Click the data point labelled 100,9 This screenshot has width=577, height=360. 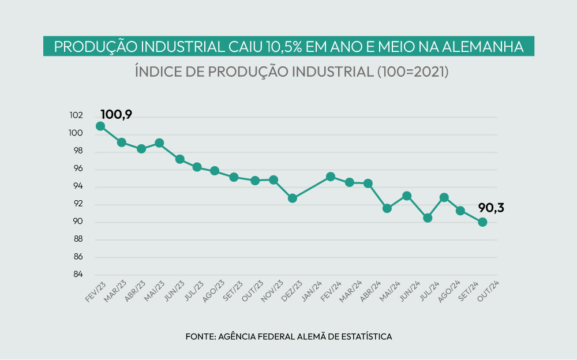point(100,126)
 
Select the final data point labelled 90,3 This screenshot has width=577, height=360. point(482,222)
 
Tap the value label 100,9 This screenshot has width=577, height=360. point(117,114)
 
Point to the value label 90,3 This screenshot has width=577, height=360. point(490,208)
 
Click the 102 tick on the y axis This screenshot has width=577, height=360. point(77,117)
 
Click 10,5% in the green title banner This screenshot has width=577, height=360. point(280,47)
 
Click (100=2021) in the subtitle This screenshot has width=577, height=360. point(412,72)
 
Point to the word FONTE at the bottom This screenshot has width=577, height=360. point(199,336)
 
